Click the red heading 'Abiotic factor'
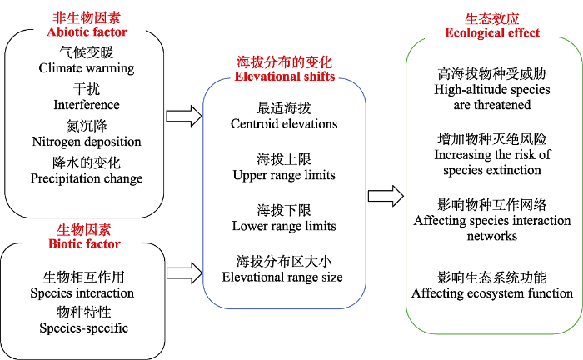pyautogui.click(x=87, y=32)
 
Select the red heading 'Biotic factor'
pyautogui.click(x=84, y=244)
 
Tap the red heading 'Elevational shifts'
pyautogui.click(x=285, y=76)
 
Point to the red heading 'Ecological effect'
pyautogui.click(x=492, y=33)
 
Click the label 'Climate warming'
pyautogui.click(x=87, y=68)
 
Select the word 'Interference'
pyautogui.click(x=87, y=105)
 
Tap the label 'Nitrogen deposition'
pyautogui.click(x=87, y=142)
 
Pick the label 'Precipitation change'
pyautogui.click(x=87, y=178)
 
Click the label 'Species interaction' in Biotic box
pyautogui.click(x=82, y=293)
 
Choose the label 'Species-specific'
pyautogui.click(x=83, y=328)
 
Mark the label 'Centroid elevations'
pyautogui.click(x=284, y=124)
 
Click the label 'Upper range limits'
pyautogui.click(x=284, y=175)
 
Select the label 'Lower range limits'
pyautogui.click(x=284, y=226)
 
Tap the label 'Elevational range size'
pyautogui.click(x=282, y=277)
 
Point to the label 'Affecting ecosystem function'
pyautogui.click(x=492, y=293)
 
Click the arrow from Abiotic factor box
pyautogui.click(x=184, y=116)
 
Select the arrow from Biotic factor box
pyautogui.click(x=184, y=273)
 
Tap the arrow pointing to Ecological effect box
pyautogui.click(x=386, y=196)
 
